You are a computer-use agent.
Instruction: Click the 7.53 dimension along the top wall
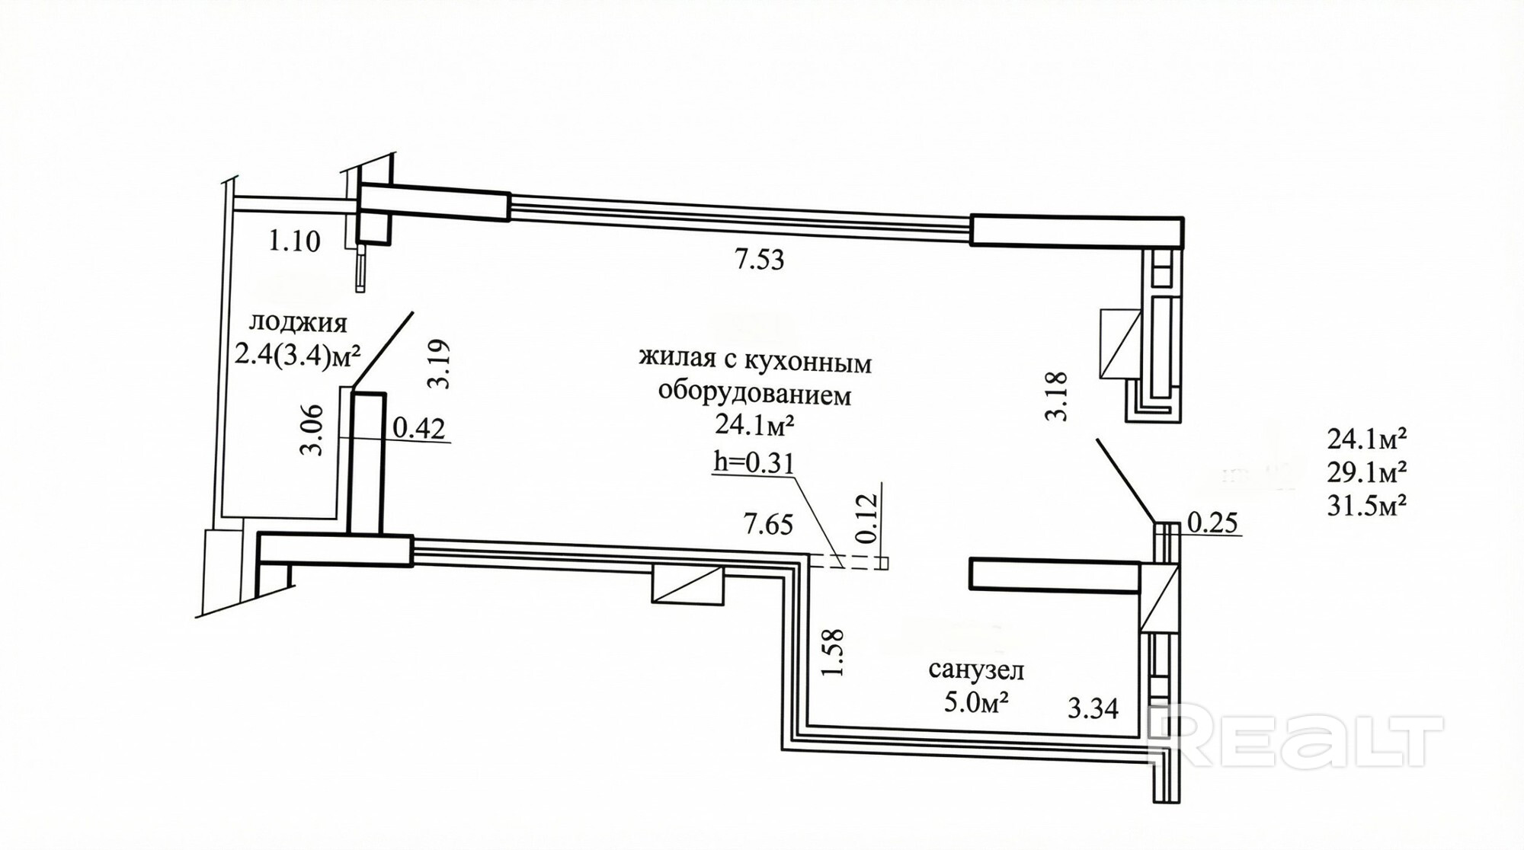pos(759,260)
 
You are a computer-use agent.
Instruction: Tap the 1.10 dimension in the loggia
pos(293,241)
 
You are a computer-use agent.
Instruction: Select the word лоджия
pos(298,323)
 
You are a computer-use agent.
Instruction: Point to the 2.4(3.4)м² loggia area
pos(297,354)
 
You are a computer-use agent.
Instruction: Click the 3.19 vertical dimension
pos(440,364)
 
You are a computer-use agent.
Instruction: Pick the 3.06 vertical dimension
pos(312,430)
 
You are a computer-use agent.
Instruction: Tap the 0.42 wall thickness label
pos(418,428)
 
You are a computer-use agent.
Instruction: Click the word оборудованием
pos(754,395)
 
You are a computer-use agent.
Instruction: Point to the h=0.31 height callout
pos(753,462)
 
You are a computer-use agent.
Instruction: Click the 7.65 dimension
pos(768,524)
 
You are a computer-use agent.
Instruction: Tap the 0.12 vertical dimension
pos(867,518)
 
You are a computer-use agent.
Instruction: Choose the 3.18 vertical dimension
pos(1056,395)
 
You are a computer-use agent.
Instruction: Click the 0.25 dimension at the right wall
pos(1212,522)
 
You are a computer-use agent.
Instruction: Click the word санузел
pos(976,670)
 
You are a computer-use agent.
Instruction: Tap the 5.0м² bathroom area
pos(976,701)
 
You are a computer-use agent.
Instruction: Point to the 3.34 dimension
pos(1093,708)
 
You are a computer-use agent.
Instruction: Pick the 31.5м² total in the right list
pos(1366,506)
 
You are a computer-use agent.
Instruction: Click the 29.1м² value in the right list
pos(1366,473)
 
